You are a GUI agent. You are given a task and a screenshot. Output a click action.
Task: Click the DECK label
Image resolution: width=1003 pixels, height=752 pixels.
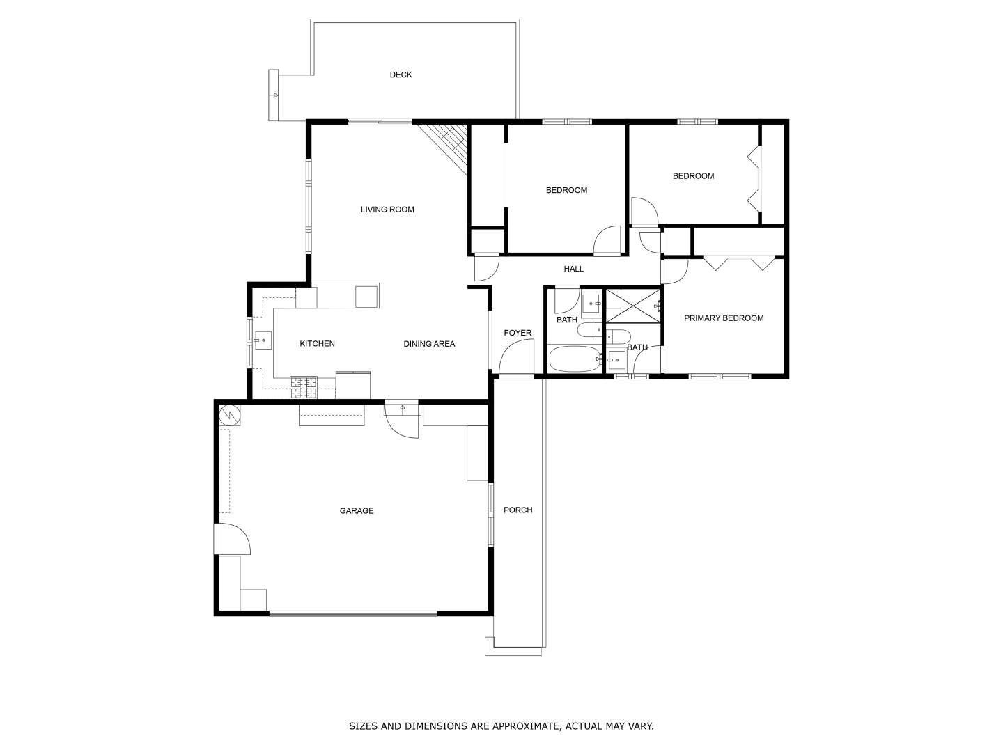401,75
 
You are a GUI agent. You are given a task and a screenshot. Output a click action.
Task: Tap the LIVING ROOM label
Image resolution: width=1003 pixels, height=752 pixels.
387,210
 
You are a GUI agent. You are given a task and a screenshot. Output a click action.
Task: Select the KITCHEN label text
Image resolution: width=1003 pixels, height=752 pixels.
317,343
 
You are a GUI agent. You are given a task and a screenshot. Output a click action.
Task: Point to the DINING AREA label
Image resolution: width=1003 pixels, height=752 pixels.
429,344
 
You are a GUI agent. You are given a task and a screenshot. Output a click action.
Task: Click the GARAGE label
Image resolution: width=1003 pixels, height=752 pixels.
357,511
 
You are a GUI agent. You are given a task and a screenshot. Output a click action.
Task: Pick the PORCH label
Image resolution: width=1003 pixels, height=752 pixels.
518,510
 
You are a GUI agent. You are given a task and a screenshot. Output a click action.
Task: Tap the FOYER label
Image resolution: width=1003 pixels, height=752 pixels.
518,333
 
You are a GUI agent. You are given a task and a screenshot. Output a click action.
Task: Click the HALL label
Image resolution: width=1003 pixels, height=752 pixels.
573,269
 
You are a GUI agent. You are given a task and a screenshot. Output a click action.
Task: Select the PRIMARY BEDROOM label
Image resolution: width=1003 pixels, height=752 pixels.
724,318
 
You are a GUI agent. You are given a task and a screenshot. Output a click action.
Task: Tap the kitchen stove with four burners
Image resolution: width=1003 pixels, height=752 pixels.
304,387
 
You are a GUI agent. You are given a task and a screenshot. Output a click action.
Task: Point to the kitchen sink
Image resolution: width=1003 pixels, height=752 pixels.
263,340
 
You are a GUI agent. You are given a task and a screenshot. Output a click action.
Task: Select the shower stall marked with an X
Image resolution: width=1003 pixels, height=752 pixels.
633,306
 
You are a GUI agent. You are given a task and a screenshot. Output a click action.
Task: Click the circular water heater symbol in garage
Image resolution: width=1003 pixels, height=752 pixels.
229,415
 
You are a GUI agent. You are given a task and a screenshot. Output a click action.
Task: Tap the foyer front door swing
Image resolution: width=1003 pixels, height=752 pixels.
516,359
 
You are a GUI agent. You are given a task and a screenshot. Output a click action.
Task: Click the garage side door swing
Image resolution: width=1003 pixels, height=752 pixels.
234,539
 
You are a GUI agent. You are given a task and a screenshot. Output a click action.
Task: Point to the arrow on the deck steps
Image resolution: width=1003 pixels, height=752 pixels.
275,95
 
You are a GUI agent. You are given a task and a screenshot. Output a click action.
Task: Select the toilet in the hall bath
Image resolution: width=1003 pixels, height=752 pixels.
590,329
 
